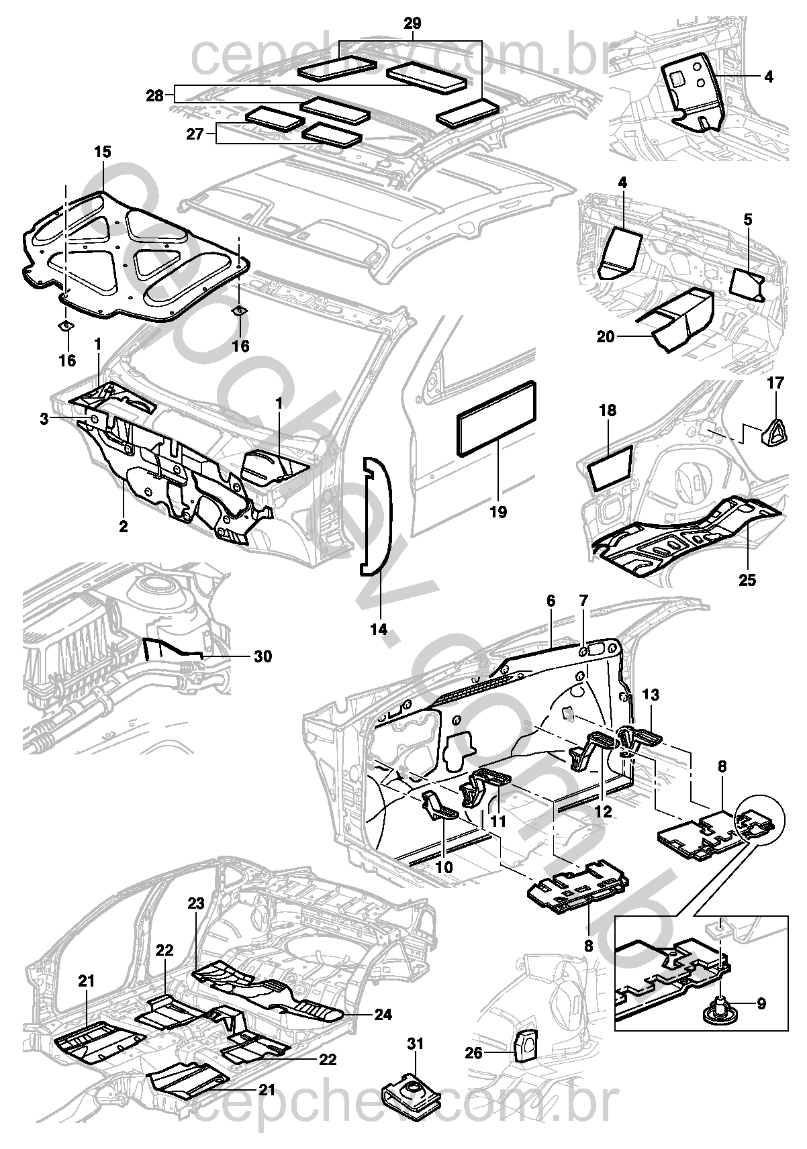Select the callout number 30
263,656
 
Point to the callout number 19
498,513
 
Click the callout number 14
379,630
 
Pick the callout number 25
747,580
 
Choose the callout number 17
775,383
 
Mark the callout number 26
473,1053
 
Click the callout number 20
606,337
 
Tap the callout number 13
651,695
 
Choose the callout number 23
196,903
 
